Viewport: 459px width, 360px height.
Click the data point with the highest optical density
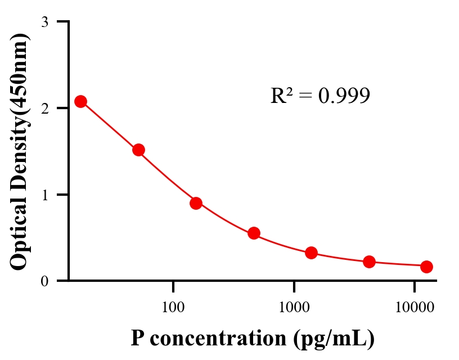80,101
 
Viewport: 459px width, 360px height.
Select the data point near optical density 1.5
138,150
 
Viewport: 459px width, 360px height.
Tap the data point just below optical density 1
196,203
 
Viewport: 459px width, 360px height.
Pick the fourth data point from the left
254,233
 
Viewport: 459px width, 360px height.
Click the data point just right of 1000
312,253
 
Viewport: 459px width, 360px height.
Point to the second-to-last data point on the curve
369,262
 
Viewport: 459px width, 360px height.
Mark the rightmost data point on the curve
426,267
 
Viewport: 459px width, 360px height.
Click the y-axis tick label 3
44,22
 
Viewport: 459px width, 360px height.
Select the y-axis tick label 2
44,108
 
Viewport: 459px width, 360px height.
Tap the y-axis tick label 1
44,195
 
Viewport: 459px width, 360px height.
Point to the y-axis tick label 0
44,281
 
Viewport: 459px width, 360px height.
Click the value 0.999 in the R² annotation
344,96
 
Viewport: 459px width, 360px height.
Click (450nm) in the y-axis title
19,71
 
